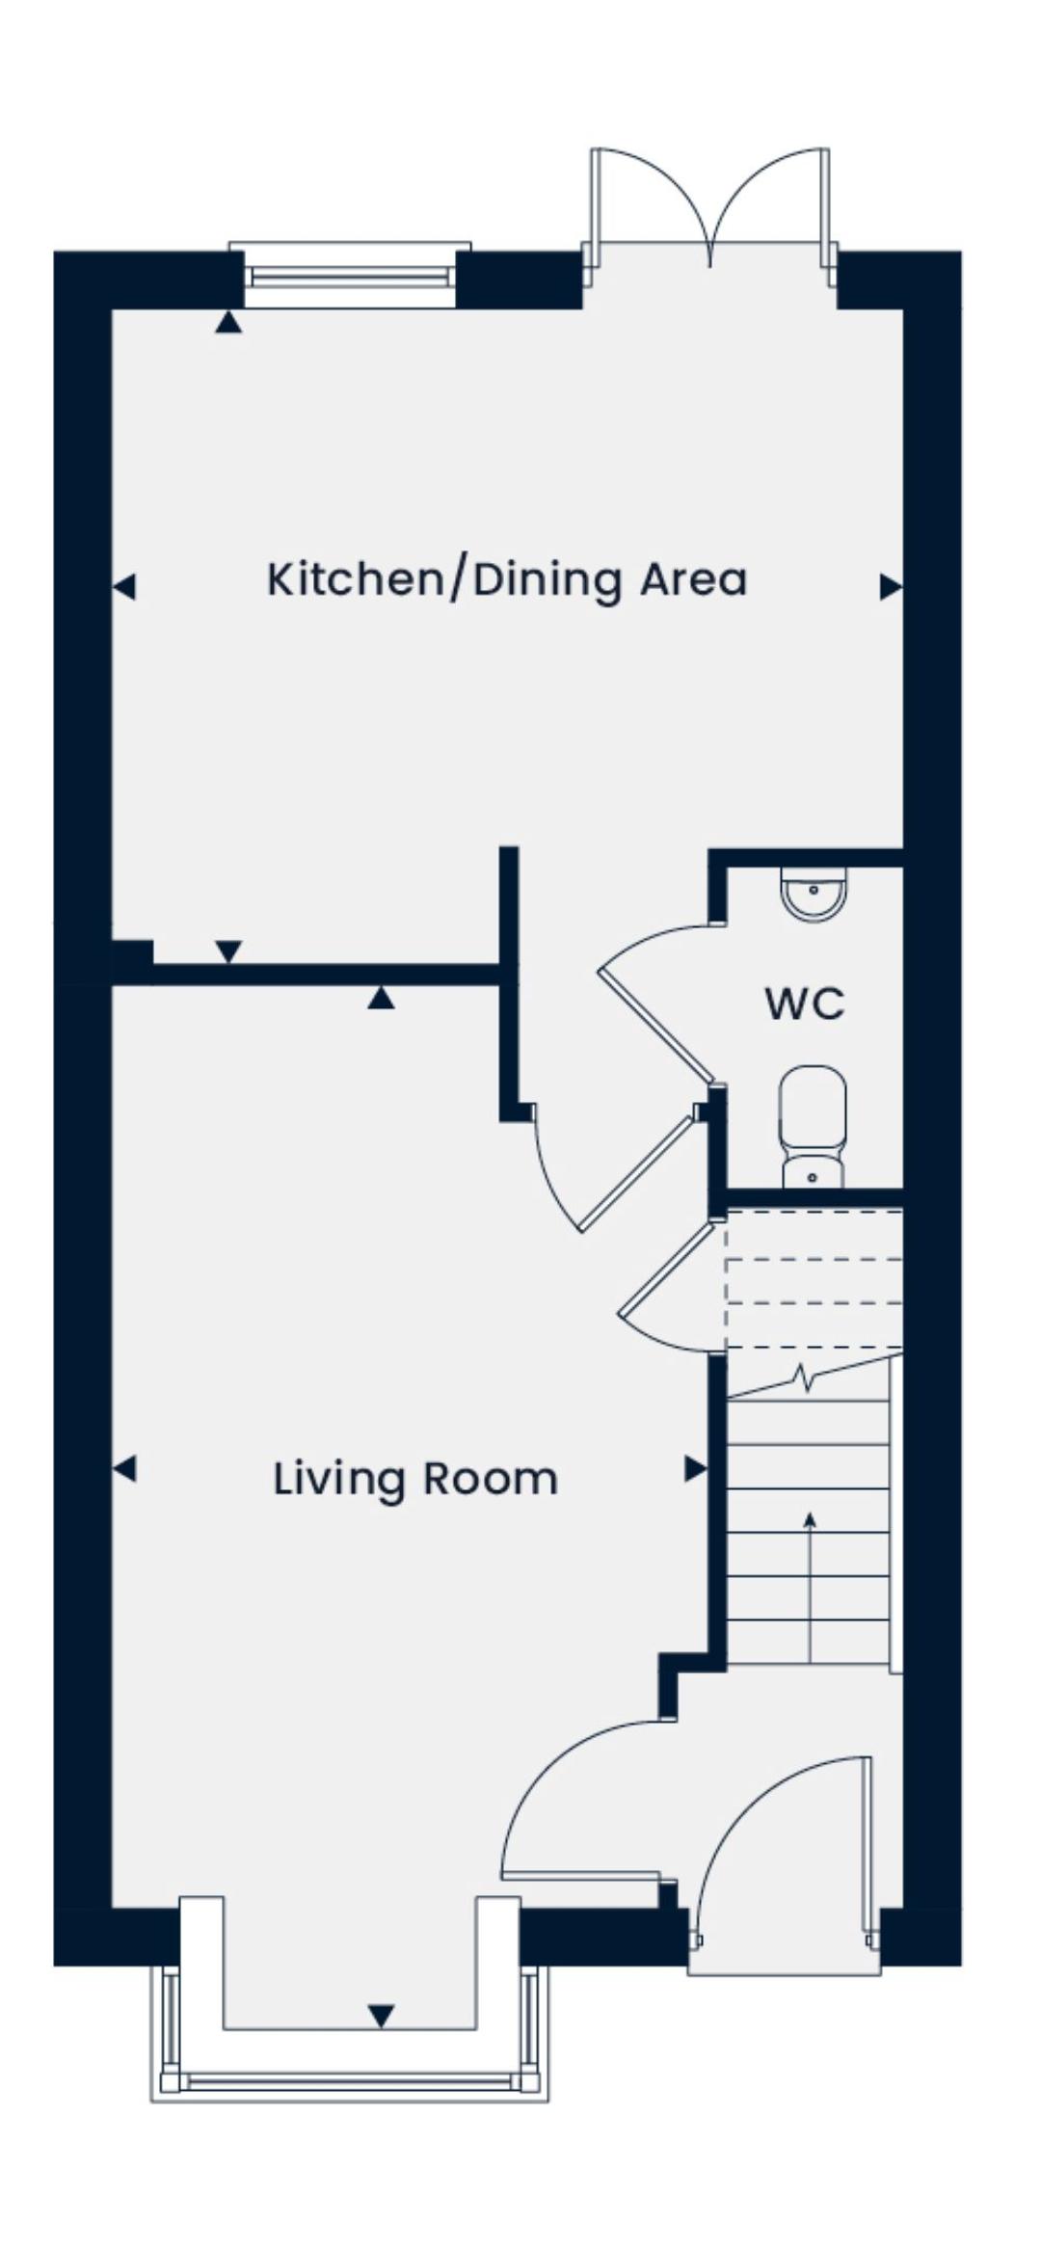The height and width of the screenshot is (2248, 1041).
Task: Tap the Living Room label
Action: (415, 1479)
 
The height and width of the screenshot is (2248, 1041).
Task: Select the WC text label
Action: (805, 1004)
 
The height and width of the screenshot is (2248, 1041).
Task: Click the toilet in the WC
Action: (813, 1127)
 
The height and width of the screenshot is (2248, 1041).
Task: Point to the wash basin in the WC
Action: (814, 894)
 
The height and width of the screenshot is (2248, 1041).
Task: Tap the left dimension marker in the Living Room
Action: (124, 1469)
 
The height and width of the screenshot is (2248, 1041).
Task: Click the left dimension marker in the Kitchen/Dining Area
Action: (124, 586)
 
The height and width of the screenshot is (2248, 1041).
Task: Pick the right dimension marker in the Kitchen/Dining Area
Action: (891, 586)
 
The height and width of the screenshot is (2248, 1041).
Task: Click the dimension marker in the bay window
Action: (382, 2016)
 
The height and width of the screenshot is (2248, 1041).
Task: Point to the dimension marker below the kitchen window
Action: (228, 322)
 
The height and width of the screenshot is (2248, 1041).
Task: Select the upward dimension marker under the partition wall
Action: (382, 998)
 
